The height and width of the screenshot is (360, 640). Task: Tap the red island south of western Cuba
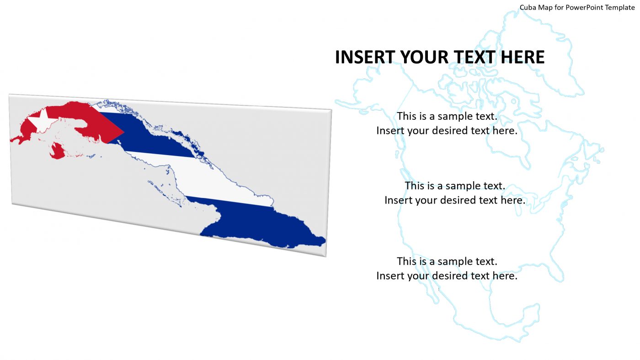point(57,150)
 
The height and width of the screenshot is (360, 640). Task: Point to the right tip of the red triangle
point(123,132)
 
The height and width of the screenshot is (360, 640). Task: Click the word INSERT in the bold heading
point(365,57)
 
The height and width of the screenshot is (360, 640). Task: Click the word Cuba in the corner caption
point(528,7)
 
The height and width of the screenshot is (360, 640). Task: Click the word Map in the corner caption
point(547,7)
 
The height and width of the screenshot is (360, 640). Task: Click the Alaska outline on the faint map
point(366,96)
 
